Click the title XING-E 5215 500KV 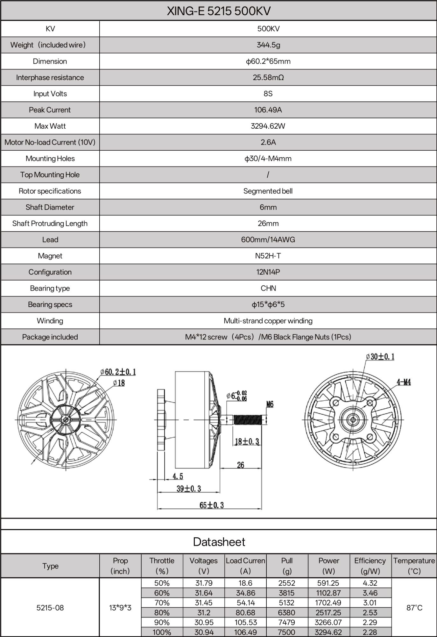(x=219, y=11)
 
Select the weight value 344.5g (x=268, y=45)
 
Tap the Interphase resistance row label (x=50, y=77)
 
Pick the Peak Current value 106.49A (x=268, y=110)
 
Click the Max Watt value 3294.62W (x=268, y=126)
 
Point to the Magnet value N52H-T (x=268, y=256)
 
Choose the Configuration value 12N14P (x=268, y=272)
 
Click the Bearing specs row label (x=50, y=304)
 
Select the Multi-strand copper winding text (x=268, y=321)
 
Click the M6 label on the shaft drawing (x=270, y=404)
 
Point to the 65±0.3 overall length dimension (x=212, y=505)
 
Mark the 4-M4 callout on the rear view (x=404, y=382)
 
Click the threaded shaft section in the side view (x=248, y=420)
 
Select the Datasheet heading (x=219, y=542)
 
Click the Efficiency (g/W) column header (x=370, y=566)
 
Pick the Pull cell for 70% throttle (x=287, y=603)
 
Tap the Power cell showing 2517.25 (x=329, y=612)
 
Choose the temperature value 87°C (x=414, y=608)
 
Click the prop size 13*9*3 (x=120, y=608)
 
